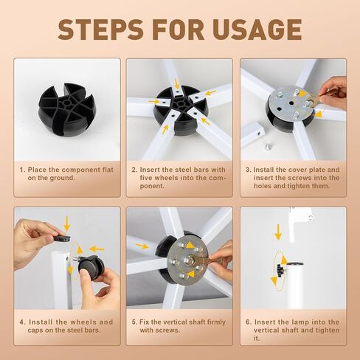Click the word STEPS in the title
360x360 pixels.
click(x=100, y=30)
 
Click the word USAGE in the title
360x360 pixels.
click(x=257, y=30)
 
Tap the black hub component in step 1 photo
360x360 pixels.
click(x=66, y=109)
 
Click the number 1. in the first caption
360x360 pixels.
click(x=23, y=170)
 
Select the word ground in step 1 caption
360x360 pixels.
click(x=62, y=178)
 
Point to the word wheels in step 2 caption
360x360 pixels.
click(x=166, y=178)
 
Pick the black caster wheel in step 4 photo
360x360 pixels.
click(x=91, y=267)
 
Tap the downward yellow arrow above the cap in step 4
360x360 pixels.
click(x=66, y=224)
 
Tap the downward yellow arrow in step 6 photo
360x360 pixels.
click(x=278, y=232)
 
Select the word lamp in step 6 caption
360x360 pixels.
click(x=300, y=322)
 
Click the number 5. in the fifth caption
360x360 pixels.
click(x=134, y=322)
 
